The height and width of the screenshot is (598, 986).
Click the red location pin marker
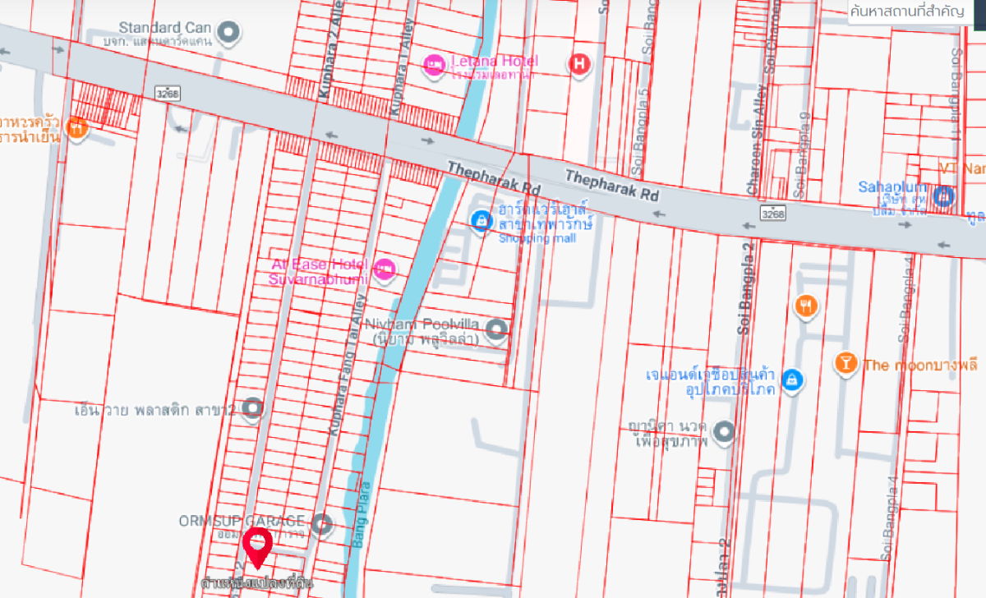click(259, 546)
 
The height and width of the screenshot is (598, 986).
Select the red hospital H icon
click(579, 63)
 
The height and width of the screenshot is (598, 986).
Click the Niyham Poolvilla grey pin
click(495, 330)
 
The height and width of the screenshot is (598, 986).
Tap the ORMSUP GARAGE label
click(242, 521)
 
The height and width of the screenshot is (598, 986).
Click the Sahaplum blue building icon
click(945, 195)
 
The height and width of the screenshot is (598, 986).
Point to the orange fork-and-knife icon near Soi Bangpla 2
click(806, 307)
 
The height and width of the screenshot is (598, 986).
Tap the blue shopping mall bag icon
click(481, 220)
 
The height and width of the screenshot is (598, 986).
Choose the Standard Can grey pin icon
click(231, 33)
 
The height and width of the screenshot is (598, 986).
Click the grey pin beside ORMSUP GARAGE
click(323, 523)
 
